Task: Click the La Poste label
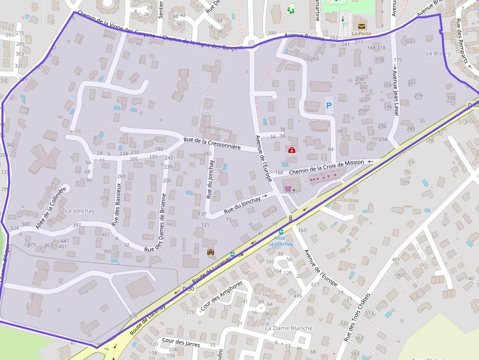(361, 34)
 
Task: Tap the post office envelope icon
(361, 25)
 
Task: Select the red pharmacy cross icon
(292, 150)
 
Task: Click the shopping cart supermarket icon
(288, 189)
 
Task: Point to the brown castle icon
(211, 252)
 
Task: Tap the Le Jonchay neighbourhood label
(80, 211)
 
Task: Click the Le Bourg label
(438, 53)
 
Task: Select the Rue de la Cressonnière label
(212, 144)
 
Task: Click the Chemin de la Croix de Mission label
(327, 167)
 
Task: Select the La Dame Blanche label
(288, 328)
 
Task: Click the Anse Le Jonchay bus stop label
(281, 241)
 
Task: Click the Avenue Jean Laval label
(396, 93)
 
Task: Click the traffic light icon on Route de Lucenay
(291, 218)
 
